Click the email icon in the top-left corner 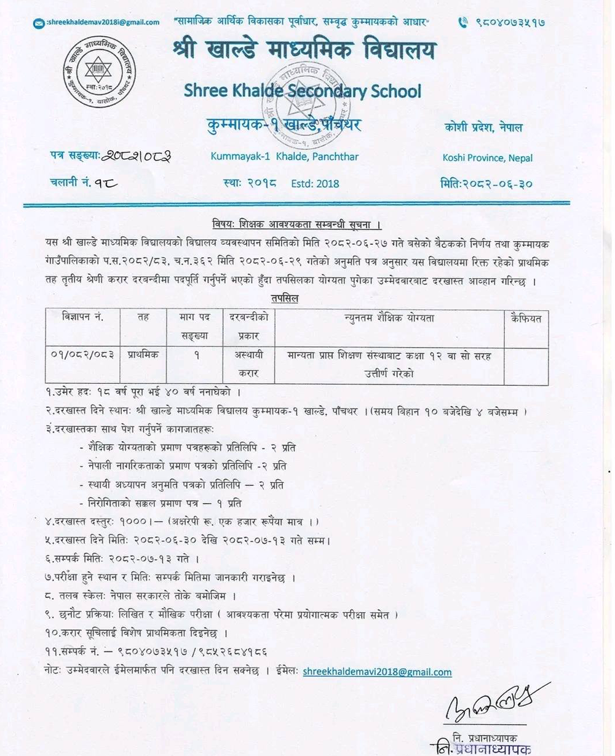(39, 23)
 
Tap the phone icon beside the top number (463, 22)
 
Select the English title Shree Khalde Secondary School (303, 92)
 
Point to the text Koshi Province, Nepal (488, 158)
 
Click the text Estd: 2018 (315, 183)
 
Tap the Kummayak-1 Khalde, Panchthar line (284, 156)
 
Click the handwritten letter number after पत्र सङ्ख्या (137, 156)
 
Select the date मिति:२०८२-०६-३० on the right (486, 183)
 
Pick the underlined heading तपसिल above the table (284, 299)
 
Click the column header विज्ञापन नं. (82, 317)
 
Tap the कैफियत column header (526, 318)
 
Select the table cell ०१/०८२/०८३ (84, 355)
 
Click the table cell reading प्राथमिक (143, 355)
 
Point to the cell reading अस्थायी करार (248, 364)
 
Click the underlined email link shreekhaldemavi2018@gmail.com (377, 672)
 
